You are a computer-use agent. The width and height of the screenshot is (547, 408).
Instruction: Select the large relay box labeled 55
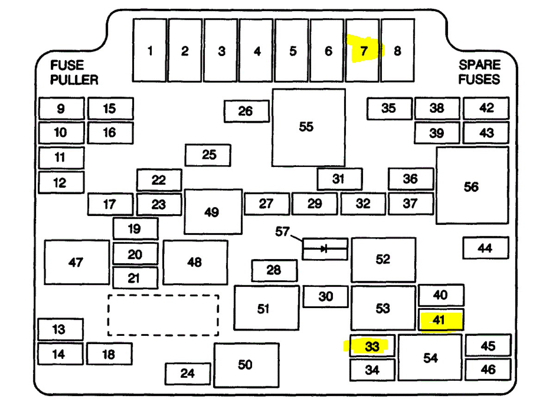click(308, 127)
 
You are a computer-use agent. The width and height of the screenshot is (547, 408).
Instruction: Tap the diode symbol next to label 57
click(325, 249)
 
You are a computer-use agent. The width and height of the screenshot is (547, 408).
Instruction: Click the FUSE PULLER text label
click(74, 73)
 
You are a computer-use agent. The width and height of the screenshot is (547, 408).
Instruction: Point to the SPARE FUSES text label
click(479, 72)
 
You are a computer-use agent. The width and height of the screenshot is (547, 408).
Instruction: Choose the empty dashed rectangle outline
click(163, 315)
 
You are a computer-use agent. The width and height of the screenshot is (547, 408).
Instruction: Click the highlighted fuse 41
click(441, 320)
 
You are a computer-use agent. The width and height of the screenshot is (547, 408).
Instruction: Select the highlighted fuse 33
click(372, 346)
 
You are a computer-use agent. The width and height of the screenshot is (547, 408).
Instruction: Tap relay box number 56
click(472, 186)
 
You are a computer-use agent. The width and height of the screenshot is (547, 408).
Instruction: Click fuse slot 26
click(246, 111)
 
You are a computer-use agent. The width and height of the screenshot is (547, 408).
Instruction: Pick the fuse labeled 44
click(486, 248)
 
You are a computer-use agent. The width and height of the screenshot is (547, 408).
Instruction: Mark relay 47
click(77, 262)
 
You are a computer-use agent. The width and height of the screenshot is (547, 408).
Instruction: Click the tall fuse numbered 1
click(150, 50)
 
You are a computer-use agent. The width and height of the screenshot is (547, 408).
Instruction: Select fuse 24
click(188, 373)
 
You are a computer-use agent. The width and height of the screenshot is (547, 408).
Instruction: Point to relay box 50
click(246, 365)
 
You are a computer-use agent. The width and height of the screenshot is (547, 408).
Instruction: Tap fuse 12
click(61, 182)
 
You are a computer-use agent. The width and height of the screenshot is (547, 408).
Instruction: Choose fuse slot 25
click(208, 155)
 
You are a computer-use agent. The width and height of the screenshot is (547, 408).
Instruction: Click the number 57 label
click(283, 231)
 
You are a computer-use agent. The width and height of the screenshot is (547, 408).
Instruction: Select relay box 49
click(213, 211)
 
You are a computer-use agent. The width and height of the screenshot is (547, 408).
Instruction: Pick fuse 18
click(109, 354)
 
